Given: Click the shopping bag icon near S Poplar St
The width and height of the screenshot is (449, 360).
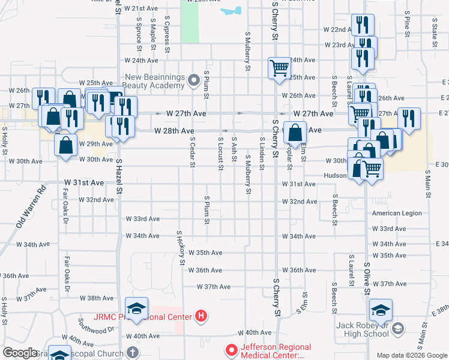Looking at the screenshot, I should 295,132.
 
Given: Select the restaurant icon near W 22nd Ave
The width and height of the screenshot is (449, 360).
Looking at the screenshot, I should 363,25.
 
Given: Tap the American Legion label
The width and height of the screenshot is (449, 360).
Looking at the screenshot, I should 397,213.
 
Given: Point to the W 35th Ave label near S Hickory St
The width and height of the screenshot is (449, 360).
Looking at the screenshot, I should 206,253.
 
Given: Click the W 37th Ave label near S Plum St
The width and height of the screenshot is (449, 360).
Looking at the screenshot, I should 214,287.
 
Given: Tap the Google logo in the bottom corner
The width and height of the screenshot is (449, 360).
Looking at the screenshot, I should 21,353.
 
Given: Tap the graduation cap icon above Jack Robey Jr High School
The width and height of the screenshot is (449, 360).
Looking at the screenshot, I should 381,310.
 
